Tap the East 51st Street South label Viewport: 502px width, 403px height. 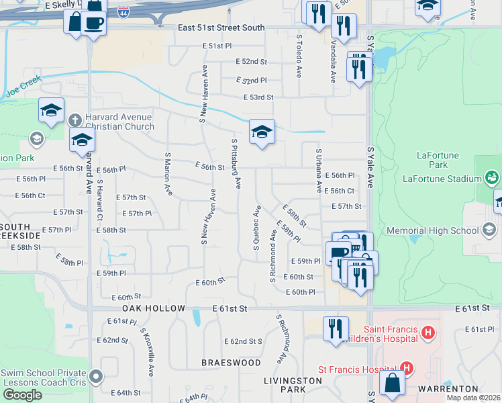(x=221, y=28)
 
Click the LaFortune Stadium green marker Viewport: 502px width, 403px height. (x=492, y=178)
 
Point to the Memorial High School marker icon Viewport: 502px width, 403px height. (x=490, y=230)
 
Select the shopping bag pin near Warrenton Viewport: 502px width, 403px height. (x=392, y=384)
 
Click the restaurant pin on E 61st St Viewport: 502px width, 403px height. (x=335, y=329)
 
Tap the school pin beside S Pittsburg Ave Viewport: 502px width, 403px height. (x=262, y=132)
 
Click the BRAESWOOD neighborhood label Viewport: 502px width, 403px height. (x=232, y=363)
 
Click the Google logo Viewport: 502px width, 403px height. (x=21, y=395)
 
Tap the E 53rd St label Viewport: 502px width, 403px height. (x=258, y=97)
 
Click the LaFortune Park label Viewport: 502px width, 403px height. (x=438, y=160)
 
